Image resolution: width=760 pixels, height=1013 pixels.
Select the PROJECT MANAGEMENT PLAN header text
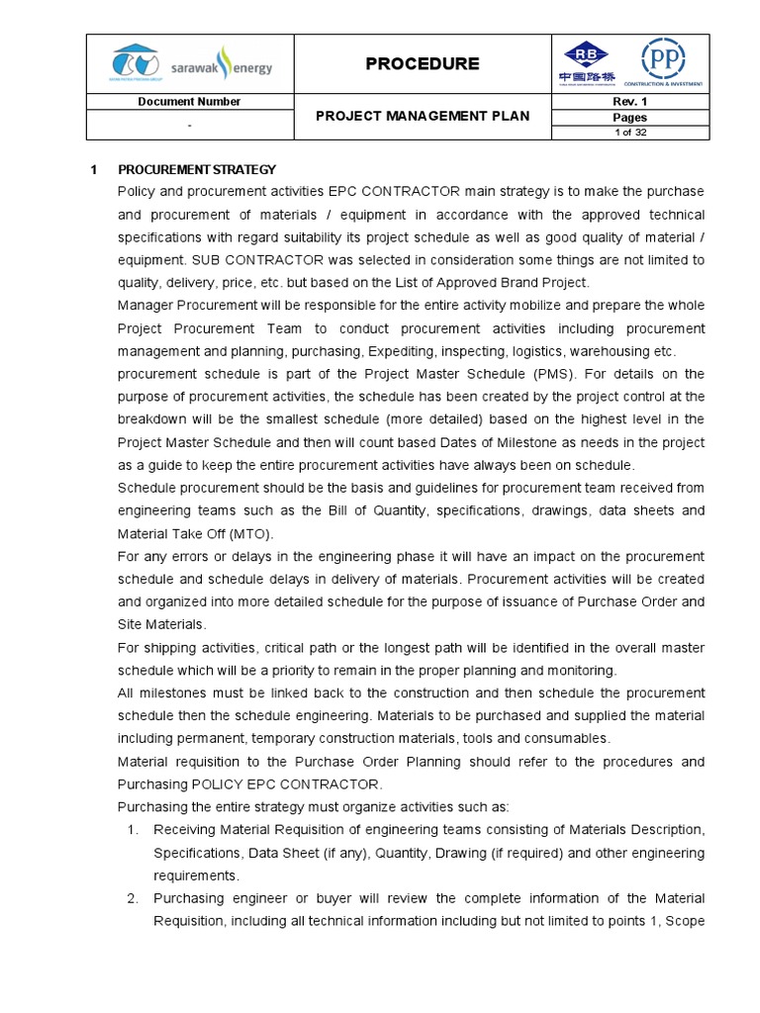pos(423,116)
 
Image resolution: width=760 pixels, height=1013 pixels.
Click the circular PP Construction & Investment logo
pos(663,61)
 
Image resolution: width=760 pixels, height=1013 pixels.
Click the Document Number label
pos(189,102)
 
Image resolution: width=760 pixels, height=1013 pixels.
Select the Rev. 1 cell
pos(630,102)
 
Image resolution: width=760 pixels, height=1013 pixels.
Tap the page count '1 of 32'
pos(630,133)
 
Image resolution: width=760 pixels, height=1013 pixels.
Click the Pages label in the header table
pos(630,118)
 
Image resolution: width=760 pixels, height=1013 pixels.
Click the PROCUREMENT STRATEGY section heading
pos(197,169)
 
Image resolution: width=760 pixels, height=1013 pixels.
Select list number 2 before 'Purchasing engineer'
pos(132,898)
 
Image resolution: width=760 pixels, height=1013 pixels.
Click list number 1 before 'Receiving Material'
pos(132,829)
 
